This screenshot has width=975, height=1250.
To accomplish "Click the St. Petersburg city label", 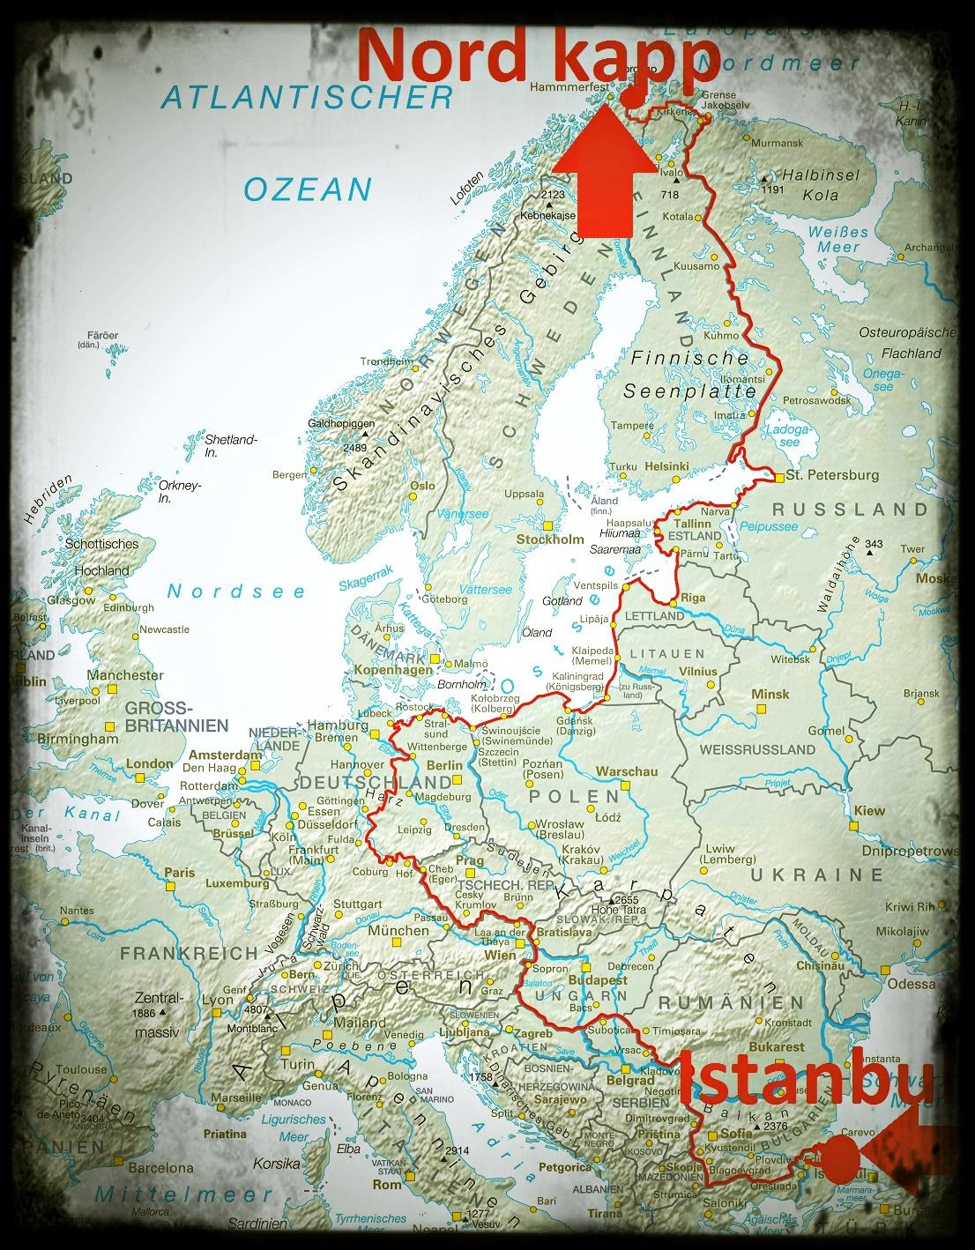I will click(x=832, y=475).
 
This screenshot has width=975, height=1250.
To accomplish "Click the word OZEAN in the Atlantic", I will click(x=308, y=189).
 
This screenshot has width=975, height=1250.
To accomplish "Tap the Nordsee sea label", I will click(x=236, y=592).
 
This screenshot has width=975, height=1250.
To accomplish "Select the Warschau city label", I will click(x=627, y=771).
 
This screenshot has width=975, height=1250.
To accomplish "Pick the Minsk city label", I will click(x=770, y=694).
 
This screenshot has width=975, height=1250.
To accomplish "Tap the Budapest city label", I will click(x=599, y=979).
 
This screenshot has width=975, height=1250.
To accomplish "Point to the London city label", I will click(x=150, y=763).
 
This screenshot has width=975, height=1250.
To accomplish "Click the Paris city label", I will click(x=180, y=873).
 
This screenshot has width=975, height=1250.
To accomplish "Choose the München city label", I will click(x=398, y=930).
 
